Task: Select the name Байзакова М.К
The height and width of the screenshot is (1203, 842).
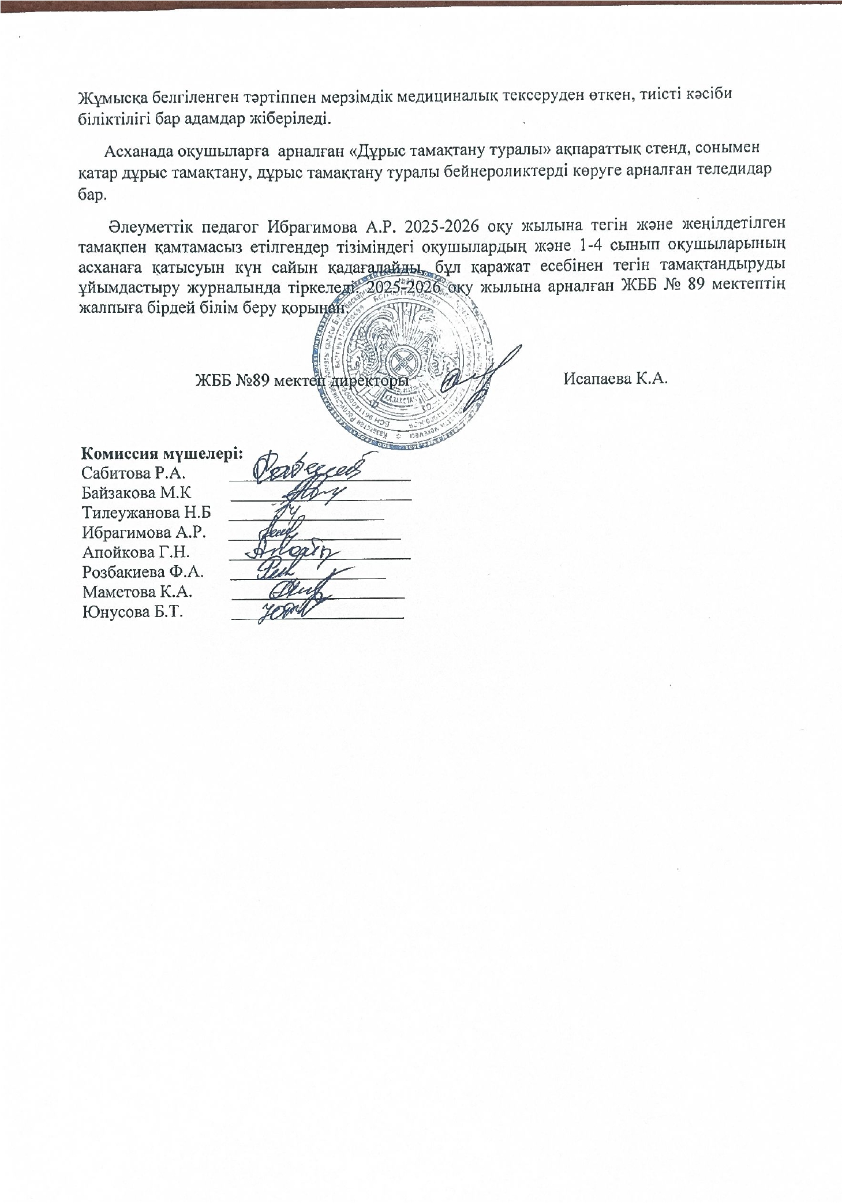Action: (x=136, y=493)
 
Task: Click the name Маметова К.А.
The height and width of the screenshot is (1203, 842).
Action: (x=137, y=592)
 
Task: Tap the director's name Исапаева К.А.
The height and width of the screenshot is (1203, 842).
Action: (x=616, y=379)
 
